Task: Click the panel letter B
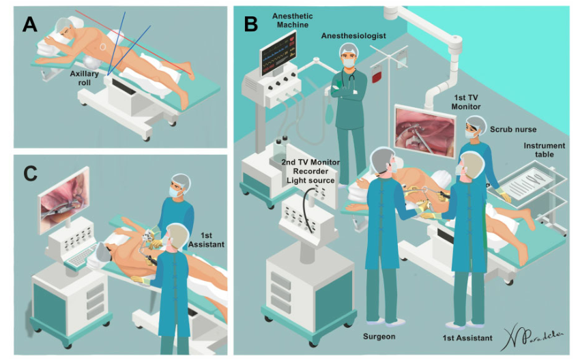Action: [250, 24]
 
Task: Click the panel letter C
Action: [29, 173]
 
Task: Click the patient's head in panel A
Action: [63, 31]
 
